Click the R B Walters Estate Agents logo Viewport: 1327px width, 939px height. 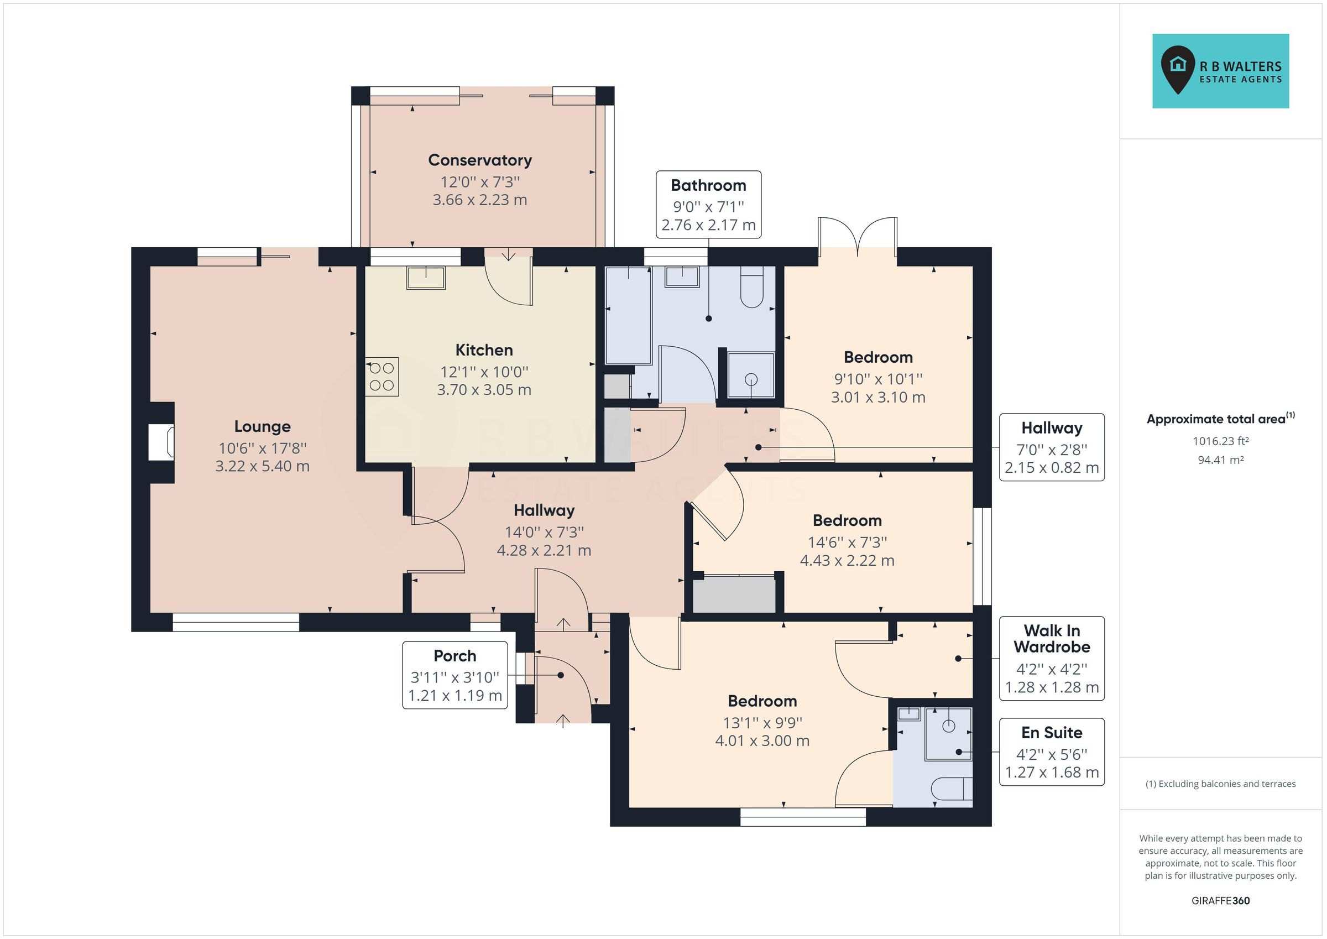(1220, 71)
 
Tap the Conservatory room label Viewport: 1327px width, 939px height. (480, 160)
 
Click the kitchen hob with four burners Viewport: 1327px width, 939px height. (382, 377)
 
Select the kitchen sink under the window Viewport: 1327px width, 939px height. (426, 278)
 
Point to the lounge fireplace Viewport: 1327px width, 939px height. (161, 442)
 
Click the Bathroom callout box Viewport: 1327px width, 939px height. (708, 205)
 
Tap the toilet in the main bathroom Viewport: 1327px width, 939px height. (751, 288)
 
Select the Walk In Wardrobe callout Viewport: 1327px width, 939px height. (1051, 659)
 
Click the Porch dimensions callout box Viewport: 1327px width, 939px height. (455, 675)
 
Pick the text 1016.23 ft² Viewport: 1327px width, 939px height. (1221, 441)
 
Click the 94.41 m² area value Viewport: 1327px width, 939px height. (1221, 460)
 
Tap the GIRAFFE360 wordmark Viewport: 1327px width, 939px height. (1221, 900)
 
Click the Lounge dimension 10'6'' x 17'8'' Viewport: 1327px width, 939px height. (263, 448)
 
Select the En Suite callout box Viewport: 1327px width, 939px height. (1051, 752)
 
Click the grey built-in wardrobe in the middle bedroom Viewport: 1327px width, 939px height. (734, 594)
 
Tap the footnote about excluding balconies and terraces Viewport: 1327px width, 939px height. (1221, 784)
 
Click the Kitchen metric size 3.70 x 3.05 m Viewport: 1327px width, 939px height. (484, 390)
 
